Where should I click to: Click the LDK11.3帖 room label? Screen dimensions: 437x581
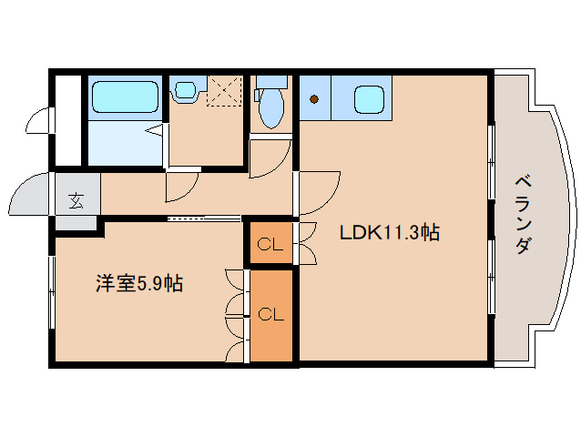tap(389, 233)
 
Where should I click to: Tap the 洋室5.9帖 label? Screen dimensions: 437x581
tap(139, 284)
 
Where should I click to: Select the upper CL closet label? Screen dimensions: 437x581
tap(270, 244)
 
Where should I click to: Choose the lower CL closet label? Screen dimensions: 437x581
tap(270, 315)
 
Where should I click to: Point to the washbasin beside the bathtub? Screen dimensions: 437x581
tap(186, 90)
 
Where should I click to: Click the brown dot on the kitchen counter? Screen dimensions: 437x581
tap(314, 98)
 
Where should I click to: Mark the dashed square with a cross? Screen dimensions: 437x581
tap(223, 92)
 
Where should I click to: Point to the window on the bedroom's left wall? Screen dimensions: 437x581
tap(51, 290)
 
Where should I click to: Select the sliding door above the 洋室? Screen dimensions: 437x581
tap(204, 218)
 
